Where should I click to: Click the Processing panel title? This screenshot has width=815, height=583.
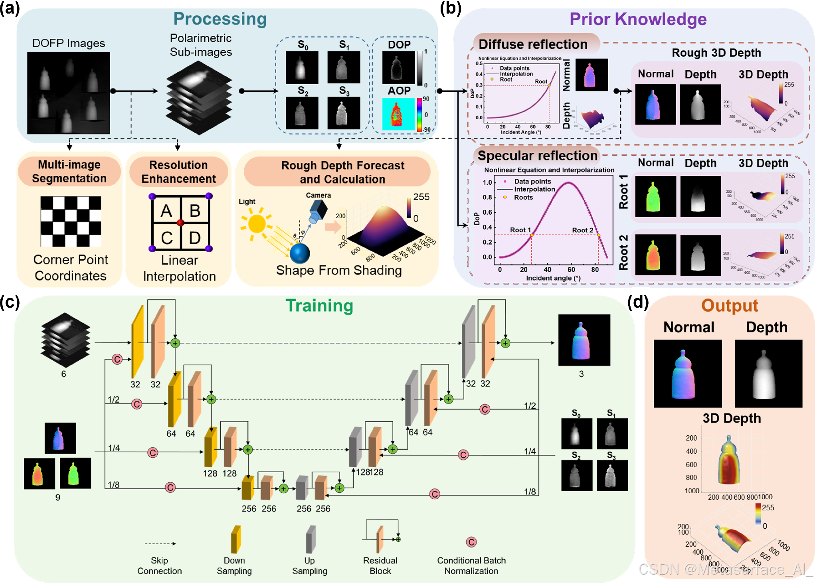[220, 19]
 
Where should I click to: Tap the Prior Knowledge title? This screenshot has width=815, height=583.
[637, 19]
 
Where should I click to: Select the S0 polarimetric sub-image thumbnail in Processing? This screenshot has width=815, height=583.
[302, 67]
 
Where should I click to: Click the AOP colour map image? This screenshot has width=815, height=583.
[398, 114]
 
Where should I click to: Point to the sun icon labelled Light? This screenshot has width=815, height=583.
[256, 223]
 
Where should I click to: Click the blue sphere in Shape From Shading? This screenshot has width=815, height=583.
[300, 253]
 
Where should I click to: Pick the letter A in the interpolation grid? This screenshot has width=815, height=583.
[166, 211]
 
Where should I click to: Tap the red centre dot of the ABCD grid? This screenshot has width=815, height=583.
[180, 223]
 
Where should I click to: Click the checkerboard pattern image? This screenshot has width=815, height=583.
[71, 221]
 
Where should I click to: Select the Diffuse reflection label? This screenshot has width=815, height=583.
[533, 44]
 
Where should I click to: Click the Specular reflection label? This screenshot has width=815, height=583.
[537, 156]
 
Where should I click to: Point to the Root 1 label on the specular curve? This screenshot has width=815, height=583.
[520, 230]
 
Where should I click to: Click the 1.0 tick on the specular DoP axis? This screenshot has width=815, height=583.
[487, 182]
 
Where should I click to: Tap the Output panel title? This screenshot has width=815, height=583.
[729, 306]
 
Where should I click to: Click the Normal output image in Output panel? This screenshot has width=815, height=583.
[687, 374]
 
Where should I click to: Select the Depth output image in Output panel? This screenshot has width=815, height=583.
[768, 374]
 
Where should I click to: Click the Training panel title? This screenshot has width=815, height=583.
[319, 306]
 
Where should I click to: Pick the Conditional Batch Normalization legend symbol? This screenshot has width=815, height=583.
[471, 542]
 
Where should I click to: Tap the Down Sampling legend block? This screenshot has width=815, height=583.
[235, 539]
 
